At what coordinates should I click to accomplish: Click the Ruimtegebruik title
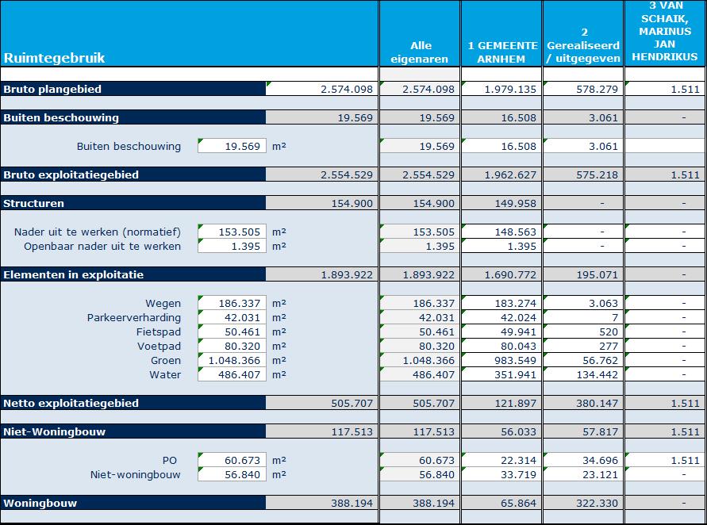(54, 58)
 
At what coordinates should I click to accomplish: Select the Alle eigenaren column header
(420, 52)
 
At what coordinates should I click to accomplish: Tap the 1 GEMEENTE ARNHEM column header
(501, 52)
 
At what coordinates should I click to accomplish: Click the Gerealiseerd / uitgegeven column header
(584, 45)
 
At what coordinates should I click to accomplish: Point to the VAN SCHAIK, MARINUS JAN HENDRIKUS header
(665, 31)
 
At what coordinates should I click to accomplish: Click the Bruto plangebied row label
(52, 90)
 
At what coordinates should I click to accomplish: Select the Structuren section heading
(34, 203)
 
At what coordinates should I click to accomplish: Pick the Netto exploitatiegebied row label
(71, 403)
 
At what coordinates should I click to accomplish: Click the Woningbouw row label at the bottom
(40, 503)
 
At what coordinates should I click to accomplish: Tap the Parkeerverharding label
(134, 318)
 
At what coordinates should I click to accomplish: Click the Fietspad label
(159, 332)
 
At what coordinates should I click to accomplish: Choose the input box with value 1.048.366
(232, 361)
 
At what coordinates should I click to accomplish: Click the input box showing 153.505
(232, 232)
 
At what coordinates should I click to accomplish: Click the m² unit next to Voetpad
(279, 346)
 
